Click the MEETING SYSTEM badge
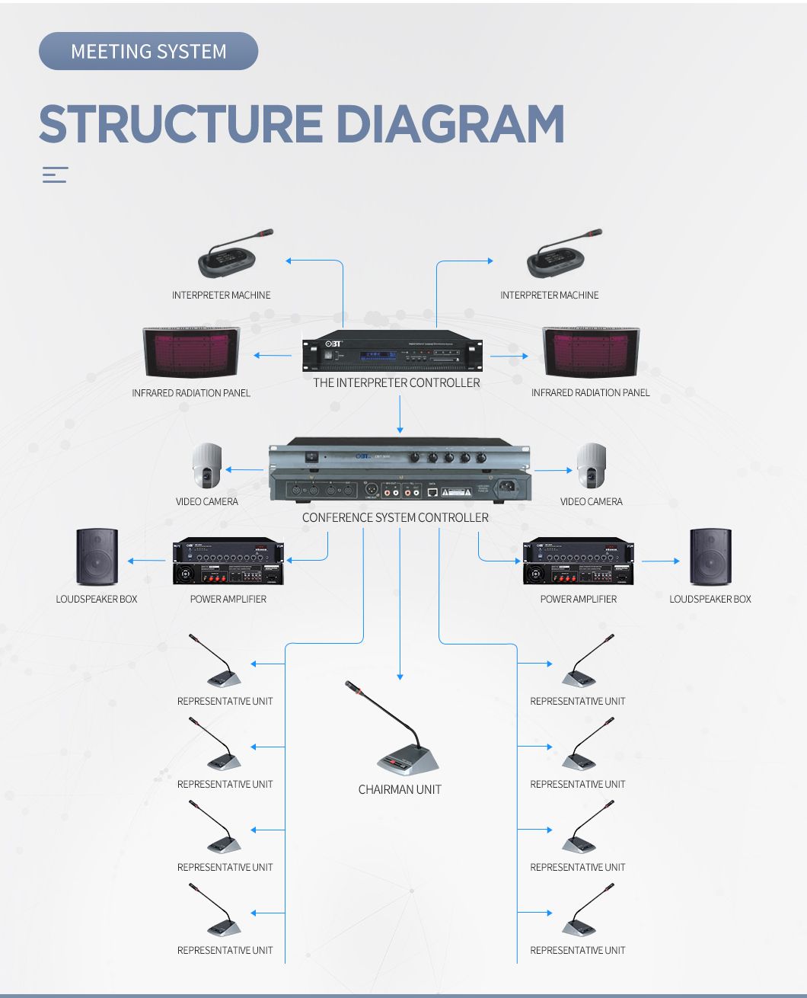pyautogui.click(x=148, y=51)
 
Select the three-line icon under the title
pyautogui.click(x=55, y=174)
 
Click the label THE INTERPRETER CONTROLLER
pyautogui.click(x=396, y=382)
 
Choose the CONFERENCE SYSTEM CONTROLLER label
pyautogui.click(x=395, y=517)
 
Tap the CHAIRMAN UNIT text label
pyautogui.click(x=400, y=789)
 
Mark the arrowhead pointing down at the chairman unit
pyautogui.click(x=400, y=676)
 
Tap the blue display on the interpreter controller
pyautogui.click(x=377, y=354)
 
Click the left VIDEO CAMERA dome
pyautogui.click(x=206, y=466)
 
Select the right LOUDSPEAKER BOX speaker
pyautogui.click(x=710, y=556)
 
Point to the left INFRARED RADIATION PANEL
pyautogui.click(x=191, y=353)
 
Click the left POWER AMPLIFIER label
pyautogui.click(x=228, y=599)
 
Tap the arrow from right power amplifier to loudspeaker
pyautogui.click(x=660, y=561)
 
